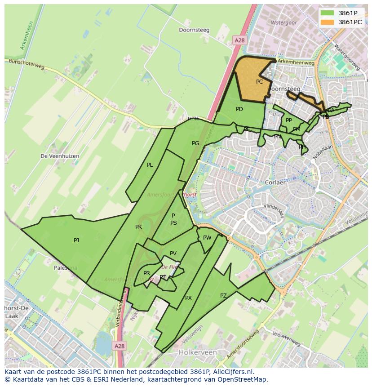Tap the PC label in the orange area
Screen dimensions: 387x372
tap(259, 82)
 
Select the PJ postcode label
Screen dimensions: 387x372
tap(76, 240)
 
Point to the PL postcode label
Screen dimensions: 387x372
tap(150, 165)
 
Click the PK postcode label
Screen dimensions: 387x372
tap(138, 227)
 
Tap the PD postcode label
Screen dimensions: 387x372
tap(239, 109)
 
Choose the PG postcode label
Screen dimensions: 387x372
tap(195, 143)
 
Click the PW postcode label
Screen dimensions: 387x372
tap(207, 238)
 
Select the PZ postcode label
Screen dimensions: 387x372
tap(223, 295)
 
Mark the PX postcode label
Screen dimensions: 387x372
tap(188, 298)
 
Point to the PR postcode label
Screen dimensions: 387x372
tap(146, 273)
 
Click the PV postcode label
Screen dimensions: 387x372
tap(173, 254)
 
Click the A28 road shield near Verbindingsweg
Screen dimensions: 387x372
tap(119, 346)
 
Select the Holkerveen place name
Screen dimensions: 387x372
tap(198, 352)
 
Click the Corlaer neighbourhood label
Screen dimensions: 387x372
tap(275, 183)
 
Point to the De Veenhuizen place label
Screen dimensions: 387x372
tap(60, 156)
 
